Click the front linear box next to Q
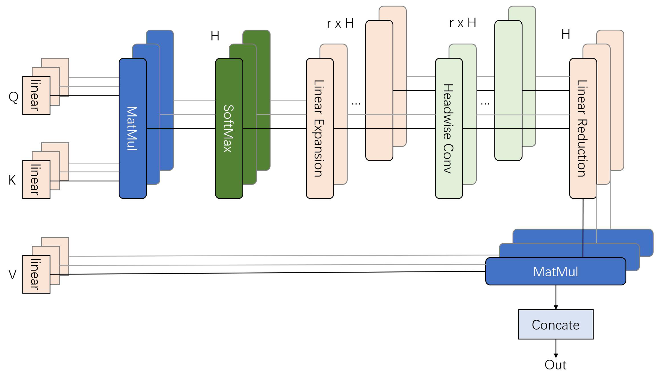[x=36, y=95]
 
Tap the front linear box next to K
[x=36, y=180]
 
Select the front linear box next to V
[x=36, y=274]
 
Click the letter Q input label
[x=13, y=97]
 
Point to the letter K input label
[x=12, y=180]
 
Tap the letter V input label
[x=12, y=274]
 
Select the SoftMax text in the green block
[x=229, y=128]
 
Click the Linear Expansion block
[x=320, y=128]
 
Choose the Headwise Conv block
[x=449, y=128]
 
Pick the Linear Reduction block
[x=583, y=128]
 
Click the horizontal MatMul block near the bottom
[x=555, y=272]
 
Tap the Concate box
[x=555, y=325]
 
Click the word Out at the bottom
[x=555, y=365]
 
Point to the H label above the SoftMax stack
[x=215, y=36]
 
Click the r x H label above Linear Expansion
[x=340, y=23]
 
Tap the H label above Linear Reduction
[x=566, y=34]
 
